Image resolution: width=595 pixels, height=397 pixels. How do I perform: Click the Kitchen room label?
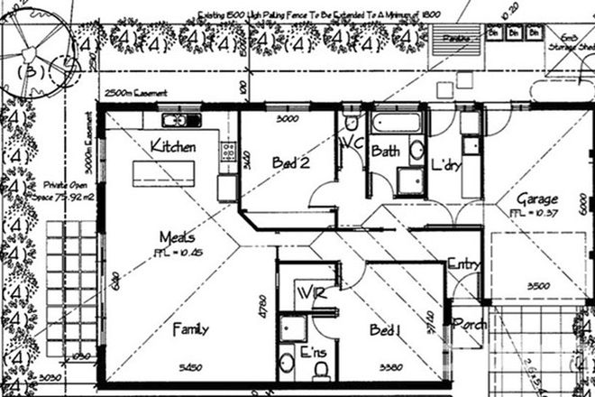[173, 145]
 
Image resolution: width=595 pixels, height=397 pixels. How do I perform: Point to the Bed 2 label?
[292, 163]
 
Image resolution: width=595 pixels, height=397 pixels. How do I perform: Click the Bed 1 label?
[387, 331]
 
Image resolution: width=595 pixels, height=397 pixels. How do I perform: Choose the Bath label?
[385, 151]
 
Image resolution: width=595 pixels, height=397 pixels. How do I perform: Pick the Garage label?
[536, 198]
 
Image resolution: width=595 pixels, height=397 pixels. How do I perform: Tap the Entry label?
[463, 264]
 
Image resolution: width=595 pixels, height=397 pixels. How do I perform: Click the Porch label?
[470, 323]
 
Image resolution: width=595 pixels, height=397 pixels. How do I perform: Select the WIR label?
[310, 293]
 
